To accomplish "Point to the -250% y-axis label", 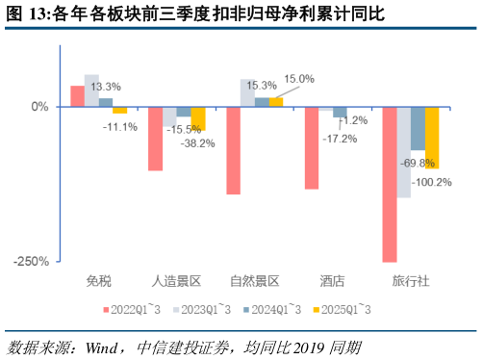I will (31, 261).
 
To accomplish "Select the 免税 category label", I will (99, 281).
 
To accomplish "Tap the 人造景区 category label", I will (177, 281).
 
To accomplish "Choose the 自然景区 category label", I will (255, 281).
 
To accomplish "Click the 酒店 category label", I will (333, 281).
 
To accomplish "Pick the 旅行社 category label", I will (411, 281).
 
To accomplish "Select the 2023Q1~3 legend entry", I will (202, 309).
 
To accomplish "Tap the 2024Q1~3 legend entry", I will (271, 309).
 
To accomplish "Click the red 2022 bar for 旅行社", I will (390, 183).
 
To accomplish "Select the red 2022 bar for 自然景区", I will (234, 150).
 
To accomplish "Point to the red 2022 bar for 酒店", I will (312, 147).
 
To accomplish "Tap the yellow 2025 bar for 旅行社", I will (432, 137).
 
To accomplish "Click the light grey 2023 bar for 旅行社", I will (404, 151).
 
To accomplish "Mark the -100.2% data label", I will (432, 182).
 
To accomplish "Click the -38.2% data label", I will (199, 142).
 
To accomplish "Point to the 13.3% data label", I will (106, 87).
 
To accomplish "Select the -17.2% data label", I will (340, 139).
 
